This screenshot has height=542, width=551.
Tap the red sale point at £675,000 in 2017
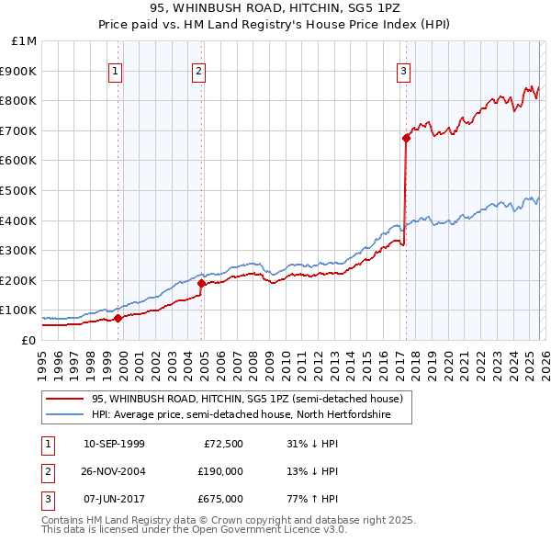[x=405, y=138]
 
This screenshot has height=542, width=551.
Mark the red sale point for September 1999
[x=118, y=319]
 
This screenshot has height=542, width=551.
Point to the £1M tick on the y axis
[x=23, y=41]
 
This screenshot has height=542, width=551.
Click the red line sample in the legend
[x=64, y=400]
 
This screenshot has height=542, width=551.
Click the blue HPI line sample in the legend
[x=64, y=415]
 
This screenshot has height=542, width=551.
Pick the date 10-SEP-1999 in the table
[x=114, y=444]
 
